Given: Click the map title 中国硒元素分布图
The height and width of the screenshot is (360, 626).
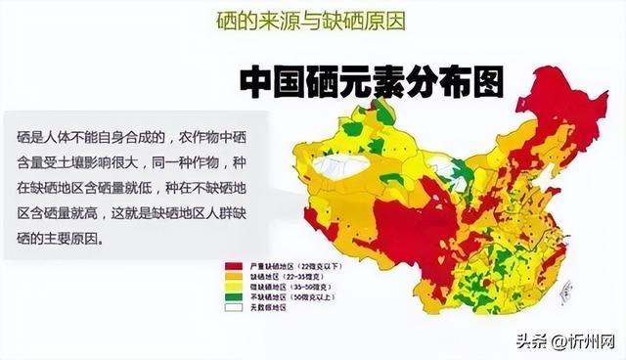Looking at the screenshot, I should [373, 83].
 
